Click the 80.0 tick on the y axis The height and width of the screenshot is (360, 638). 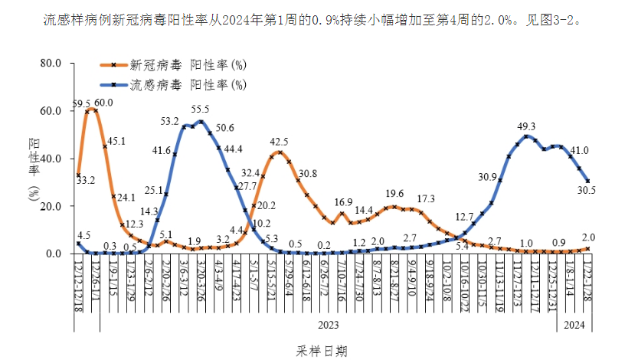(48, 63)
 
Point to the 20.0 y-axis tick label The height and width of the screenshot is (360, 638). (48, 206)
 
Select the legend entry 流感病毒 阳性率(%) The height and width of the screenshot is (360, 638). (188, 83)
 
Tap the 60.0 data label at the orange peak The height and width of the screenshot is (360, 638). (103, 103)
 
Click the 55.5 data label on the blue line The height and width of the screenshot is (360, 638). (201, 110)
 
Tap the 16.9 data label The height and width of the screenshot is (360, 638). (343, 203)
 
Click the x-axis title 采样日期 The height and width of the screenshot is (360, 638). (322, 352)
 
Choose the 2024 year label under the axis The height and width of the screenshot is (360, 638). (575, 325)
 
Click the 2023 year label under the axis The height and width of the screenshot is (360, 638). (328, 325)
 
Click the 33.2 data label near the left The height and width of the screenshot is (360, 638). (85, 180)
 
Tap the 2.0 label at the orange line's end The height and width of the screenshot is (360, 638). (588, 237)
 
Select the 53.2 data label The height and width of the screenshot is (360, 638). (169, 121)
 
